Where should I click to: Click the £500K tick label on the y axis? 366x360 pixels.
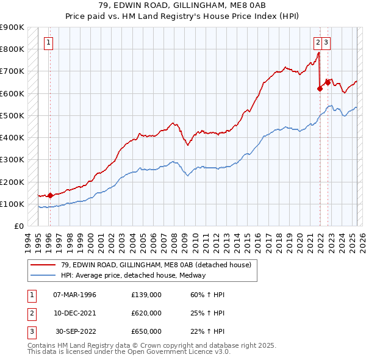click(12, 115)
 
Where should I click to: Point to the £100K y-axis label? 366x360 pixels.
click(12, 204)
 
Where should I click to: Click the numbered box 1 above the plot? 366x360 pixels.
click(48, 43)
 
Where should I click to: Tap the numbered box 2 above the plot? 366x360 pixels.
click(318, 43)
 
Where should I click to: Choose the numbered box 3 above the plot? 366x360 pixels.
click(326, 43)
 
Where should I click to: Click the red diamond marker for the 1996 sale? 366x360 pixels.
click(50, 195)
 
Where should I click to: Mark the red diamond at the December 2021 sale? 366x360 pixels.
click(320, 88)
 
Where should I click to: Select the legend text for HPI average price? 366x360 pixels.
click(133, 275)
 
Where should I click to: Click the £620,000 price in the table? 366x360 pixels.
click(146, 313)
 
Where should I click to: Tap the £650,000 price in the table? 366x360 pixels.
click(146, 331)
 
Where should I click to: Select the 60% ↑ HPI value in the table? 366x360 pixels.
click(207, 295)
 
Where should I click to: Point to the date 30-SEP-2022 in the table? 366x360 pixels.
click(74, 331)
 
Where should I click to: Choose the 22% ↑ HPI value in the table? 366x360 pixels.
click(207, 331)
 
